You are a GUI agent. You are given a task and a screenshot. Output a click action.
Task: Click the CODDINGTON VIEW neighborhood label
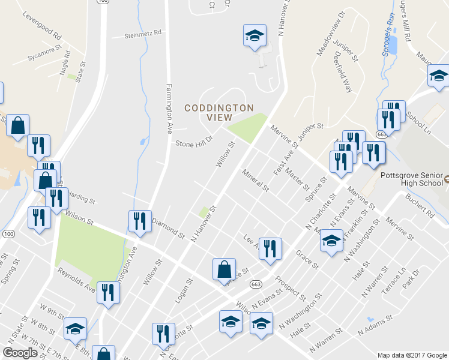218,113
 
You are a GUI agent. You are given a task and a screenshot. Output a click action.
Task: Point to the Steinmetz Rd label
143,33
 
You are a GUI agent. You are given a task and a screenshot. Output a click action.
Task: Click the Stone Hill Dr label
194,143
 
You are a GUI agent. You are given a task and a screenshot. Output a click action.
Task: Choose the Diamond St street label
168,228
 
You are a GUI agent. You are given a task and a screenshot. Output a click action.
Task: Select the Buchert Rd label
418,203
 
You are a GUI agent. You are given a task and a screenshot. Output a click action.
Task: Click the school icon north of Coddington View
255,35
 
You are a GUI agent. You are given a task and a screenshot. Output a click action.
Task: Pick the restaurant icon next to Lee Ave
270,248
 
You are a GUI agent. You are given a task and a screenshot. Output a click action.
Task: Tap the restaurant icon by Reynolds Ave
108,292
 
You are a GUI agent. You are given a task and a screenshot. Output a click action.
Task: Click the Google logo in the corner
20,353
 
